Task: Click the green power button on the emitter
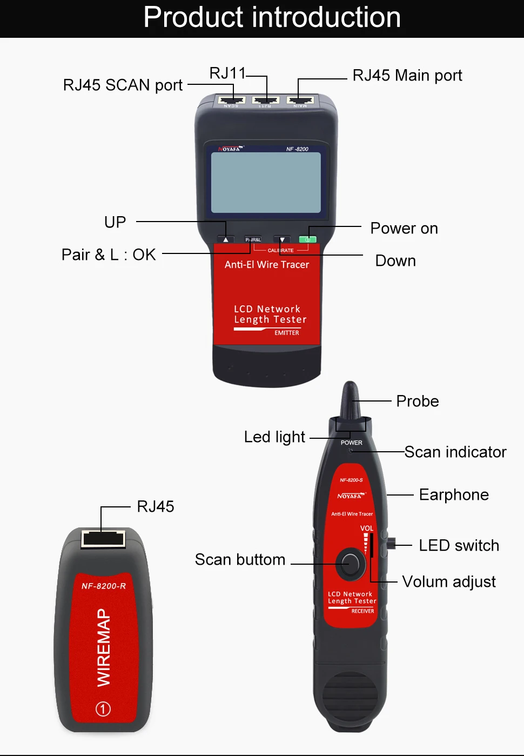[307, 239]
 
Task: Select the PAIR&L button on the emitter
[253, 239]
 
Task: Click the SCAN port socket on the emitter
[231, 100]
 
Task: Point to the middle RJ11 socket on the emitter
[265, 100]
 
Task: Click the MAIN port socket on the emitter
[300, 100]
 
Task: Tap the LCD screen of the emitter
[266, 182]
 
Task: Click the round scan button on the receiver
[350, 564]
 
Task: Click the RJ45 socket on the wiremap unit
[103, 539]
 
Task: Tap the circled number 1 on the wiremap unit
[103, 709]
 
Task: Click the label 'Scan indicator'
[455, 452]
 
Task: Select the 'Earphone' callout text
[454, 494]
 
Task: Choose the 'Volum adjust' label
[449, 581]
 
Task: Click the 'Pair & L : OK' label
[109, 255]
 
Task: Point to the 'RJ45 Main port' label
[407, 75]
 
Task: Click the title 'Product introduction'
[272, 17]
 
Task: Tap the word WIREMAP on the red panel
[103, 647]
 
